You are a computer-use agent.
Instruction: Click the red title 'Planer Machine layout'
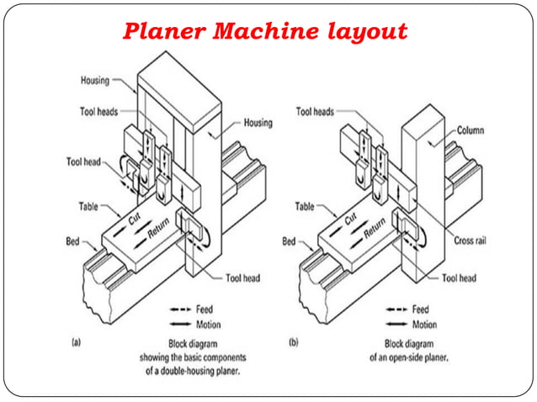pyautogui.click(x=265, y=32)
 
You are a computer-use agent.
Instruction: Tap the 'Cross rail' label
pyautogui.click(x=471, y=240)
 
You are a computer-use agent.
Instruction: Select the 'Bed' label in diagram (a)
pyautogui.click(x=73, y=241)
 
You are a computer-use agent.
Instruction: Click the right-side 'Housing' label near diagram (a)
pyautogui.click(x=258, y=123)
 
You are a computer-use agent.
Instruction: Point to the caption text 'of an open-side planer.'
pyautogui.click(x=409, y=357)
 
